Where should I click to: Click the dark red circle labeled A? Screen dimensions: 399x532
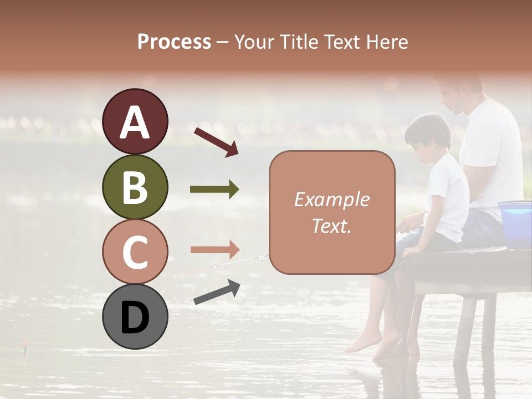tap(135, 122)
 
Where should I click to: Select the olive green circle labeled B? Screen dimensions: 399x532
tap(135, 187)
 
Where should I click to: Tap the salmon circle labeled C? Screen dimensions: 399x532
tap(135, 252)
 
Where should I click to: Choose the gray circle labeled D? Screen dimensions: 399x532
tap(135, 317)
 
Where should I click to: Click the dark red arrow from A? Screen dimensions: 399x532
tap(216, 141)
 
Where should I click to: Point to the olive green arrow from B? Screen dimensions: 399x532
tap(214, 190)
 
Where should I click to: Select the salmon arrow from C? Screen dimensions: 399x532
tap(214, 249)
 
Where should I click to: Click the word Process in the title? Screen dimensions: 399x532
tap(174, 42)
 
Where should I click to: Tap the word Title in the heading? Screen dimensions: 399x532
tap(300, 42)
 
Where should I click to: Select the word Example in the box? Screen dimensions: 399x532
tap(331, 199)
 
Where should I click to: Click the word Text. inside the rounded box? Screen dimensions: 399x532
tap(331, 226)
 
